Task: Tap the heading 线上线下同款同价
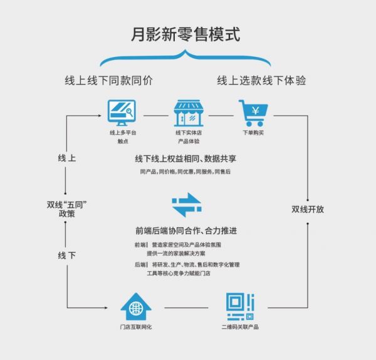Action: point(109,81)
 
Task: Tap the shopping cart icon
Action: point(253,113)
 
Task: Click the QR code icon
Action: point(240,307)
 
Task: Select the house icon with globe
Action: point(136,307)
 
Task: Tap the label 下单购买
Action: point(254,133)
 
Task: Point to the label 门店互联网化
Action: point(136,327)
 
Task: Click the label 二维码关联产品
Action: point(240,327)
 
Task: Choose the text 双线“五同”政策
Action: point(66,208)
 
